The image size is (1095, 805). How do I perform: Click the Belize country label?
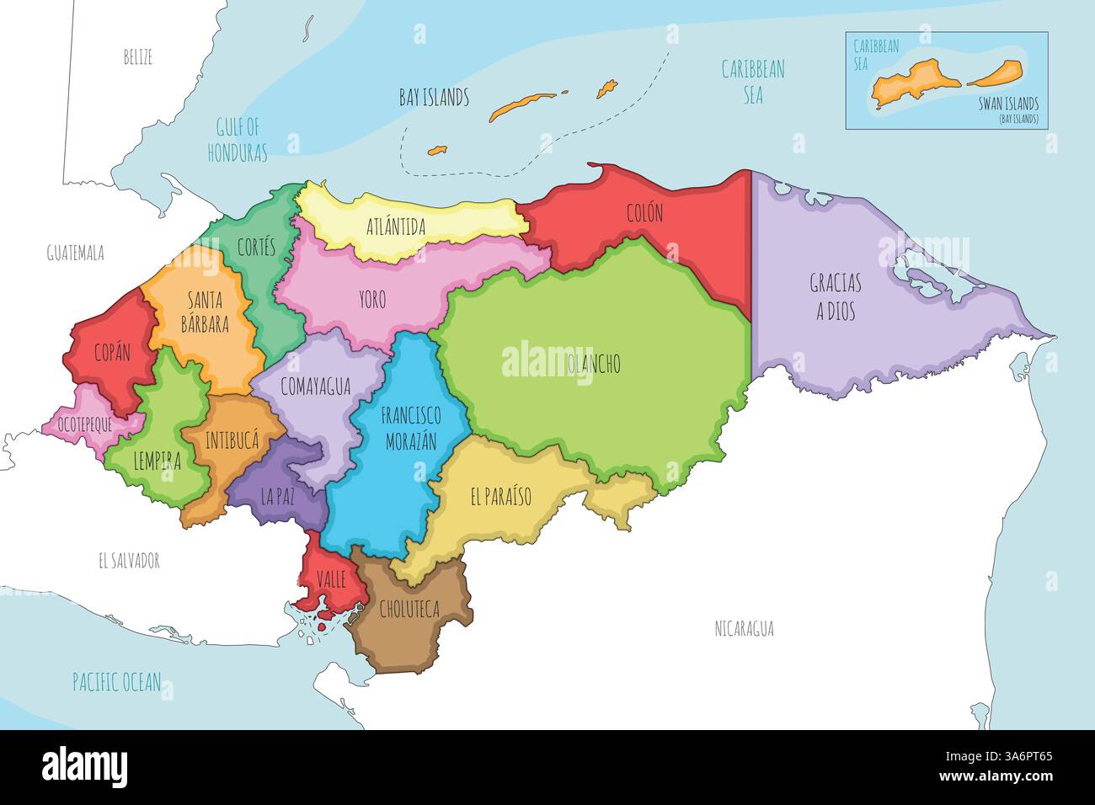(137, 58)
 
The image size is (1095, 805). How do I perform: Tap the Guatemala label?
(75, 253)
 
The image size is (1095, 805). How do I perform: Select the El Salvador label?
(129, 561)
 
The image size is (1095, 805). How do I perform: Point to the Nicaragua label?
(744, 628)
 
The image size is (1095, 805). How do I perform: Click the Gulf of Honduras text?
(241, 141)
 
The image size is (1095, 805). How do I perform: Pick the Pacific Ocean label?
(116, 682)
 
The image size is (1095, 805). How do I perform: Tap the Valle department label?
(332, 579)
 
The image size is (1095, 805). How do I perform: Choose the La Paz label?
(277, 498)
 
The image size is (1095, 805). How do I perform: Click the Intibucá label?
(231, 440)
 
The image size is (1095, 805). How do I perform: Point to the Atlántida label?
(396, 227)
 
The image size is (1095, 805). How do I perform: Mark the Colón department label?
(644, 213)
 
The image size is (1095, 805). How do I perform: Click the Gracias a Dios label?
(835, 296)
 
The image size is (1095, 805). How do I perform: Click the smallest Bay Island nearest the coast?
(436, 151)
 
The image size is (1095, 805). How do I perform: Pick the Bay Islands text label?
(434, 98)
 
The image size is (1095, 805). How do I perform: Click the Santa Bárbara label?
(206, 312)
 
